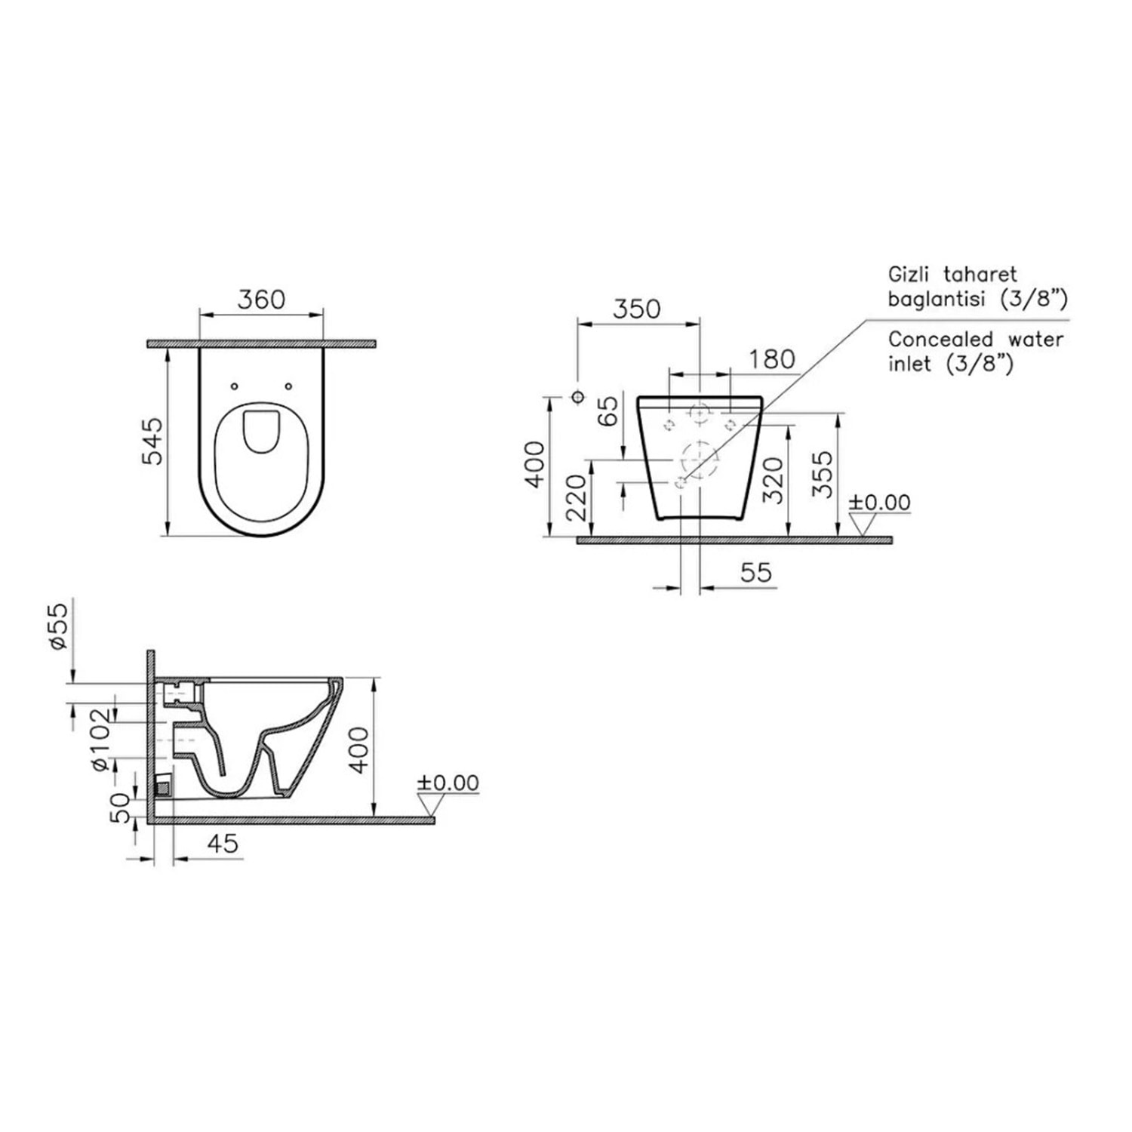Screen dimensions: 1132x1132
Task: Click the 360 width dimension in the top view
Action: pyautogui.click(x=261, y=300)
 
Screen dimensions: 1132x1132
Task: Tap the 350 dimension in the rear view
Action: pyautogui.click(x=636, y=309)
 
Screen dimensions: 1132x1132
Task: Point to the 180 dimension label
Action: pyautogui.click(x=772, y=359)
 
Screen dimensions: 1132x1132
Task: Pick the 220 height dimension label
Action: pyautogui.click(x=576, y=497)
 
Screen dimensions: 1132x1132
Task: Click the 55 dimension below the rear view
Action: pyautogui.click(x=756, y=572)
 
